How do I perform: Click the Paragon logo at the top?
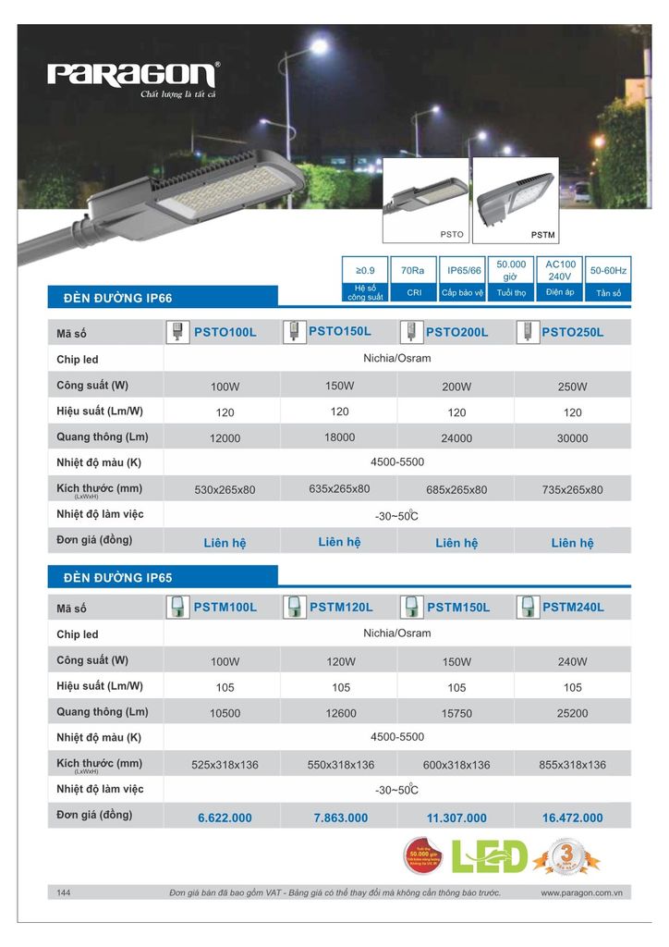pyautogui.click(x=133, y=74)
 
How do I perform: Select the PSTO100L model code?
pyautogui.click(x=225, y=332)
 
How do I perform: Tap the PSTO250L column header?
pyautogui.click(x=572, y=332)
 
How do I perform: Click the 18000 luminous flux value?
pyautogui.click(x=339, y=437)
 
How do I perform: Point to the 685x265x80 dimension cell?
pyautogui.click(x=456, y=489)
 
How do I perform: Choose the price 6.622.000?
pyautogui.click(x=225, y=818)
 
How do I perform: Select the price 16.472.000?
pyautogui.click(x=572, y=818)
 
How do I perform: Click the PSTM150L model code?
pyautogui.click(x=457, y=608)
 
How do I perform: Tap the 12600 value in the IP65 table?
pyautogui.click(x=340, y=713)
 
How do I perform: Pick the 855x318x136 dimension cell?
pyautogui.click(x=572, y=765)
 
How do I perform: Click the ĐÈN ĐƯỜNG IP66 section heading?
pyautogui.click(x=118, y=298)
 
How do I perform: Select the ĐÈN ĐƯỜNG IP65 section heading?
pyautogui.click(x=118, y=578)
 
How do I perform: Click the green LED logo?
pyautogui.click(x=490, y=857)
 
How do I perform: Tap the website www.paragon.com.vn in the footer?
pyautogui.click(x=580, y=892)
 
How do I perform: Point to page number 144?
pyautogui.click(x=64, y=892)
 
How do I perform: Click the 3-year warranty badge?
pyautogui.click(x=565, y=858)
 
